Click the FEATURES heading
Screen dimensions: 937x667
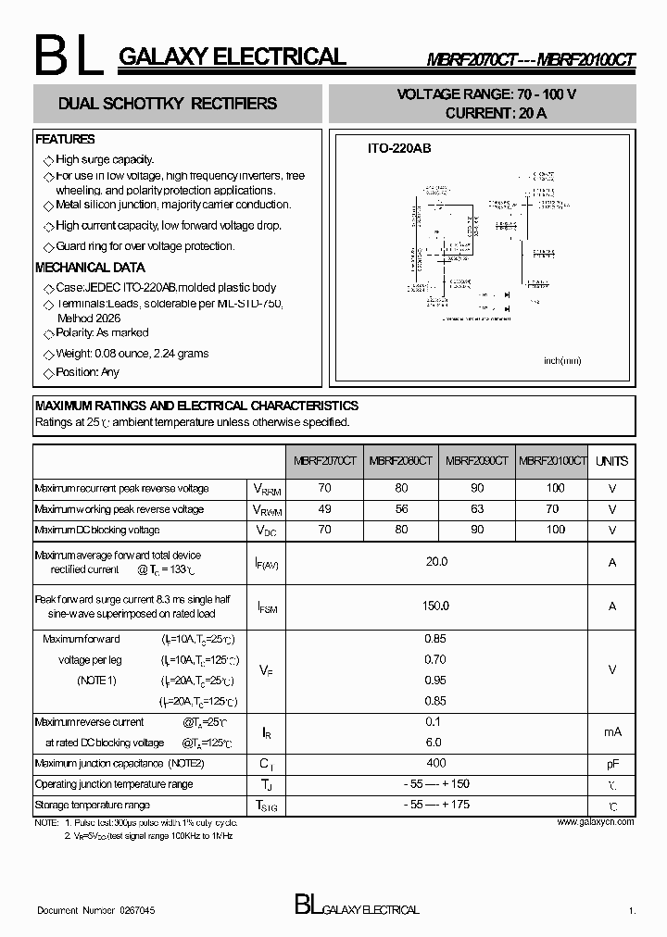coord(65,140)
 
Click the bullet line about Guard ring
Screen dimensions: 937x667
coord(145,246)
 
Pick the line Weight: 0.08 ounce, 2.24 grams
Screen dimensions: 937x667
coord(132,354)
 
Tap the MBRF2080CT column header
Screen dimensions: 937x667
coord(400,461)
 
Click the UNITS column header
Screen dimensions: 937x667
coord(611,461)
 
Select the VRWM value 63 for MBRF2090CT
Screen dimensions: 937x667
coord(477,509)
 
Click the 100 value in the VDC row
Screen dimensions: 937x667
coord(555,530)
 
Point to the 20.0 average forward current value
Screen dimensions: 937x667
coord(436,562)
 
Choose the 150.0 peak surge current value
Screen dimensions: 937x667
coord(436,606)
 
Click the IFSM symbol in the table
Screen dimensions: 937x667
coord(266,606)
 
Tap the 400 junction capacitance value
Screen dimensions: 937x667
coord(436,763)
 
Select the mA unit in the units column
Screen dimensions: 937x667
coord(611,731)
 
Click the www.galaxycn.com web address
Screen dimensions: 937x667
coord(596,822)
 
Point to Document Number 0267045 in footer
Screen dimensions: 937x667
coord(96,911)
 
